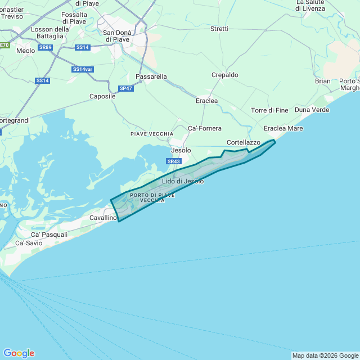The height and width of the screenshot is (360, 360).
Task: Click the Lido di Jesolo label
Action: [x=182, y=181]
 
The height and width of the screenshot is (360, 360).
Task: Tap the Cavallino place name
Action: [x=103, y=217]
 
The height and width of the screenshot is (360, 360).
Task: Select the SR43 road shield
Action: [x=174, y=161]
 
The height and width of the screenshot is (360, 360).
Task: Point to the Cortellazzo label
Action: [x=244, y=142]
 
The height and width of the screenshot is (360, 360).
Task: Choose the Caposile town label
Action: [x=102, y=96]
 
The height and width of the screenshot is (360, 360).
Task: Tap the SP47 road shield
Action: [x=126, y=88]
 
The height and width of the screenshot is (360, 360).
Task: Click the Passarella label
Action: [x=151, y=76]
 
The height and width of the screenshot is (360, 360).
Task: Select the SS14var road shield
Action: [x=83, y=69]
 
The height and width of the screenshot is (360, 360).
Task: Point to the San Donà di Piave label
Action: [x=116, y=36]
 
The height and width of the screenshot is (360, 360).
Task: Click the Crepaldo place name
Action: [x=225, y=75]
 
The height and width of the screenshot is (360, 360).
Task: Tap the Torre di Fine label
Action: [x=269, y=110]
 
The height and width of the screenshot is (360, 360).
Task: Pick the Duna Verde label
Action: [x=312, y=110]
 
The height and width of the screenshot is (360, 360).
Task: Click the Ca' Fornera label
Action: [x=205, y=128]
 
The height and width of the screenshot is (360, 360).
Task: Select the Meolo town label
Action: [x=26, y=51]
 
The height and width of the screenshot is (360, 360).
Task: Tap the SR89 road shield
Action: [x=45, y=48]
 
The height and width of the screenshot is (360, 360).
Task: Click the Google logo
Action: [x=19, y=353]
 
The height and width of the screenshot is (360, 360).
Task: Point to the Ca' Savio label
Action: [x=28, y=243]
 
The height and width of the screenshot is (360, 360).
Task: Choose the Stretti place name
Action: [x=219, y=29]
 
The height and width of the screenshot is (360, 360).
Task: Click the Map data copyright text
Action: [x=325, y=355]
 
